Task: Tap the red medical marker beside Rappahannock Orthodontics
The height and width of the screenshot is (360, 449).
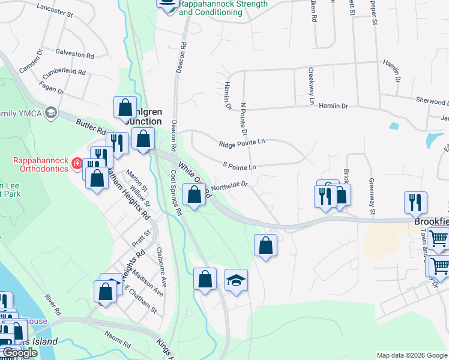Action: (76, 163)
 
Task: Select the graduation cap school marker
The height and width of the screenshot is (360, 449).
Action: (236, 280)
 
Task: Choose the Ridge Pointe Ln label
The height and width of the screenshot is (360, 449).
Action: (242, 144)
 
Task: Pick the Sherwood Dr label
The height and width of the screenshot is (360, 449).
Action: (431, 102)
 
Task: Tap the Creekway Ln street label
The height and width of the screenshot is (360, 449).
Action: (312, 86)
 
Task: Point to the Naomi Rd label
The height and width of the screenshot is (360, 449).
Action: (118, 343)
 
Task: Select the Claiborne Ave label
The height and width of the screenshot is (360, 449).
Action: (160, 261)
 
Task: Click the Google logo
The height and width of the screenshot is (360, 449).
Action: (20, 353)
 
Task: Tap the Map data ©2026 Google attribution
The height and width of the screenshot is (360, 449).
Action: (411, 355)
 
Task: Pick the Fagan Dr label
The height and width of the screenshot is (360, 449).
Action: (53, 89)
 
